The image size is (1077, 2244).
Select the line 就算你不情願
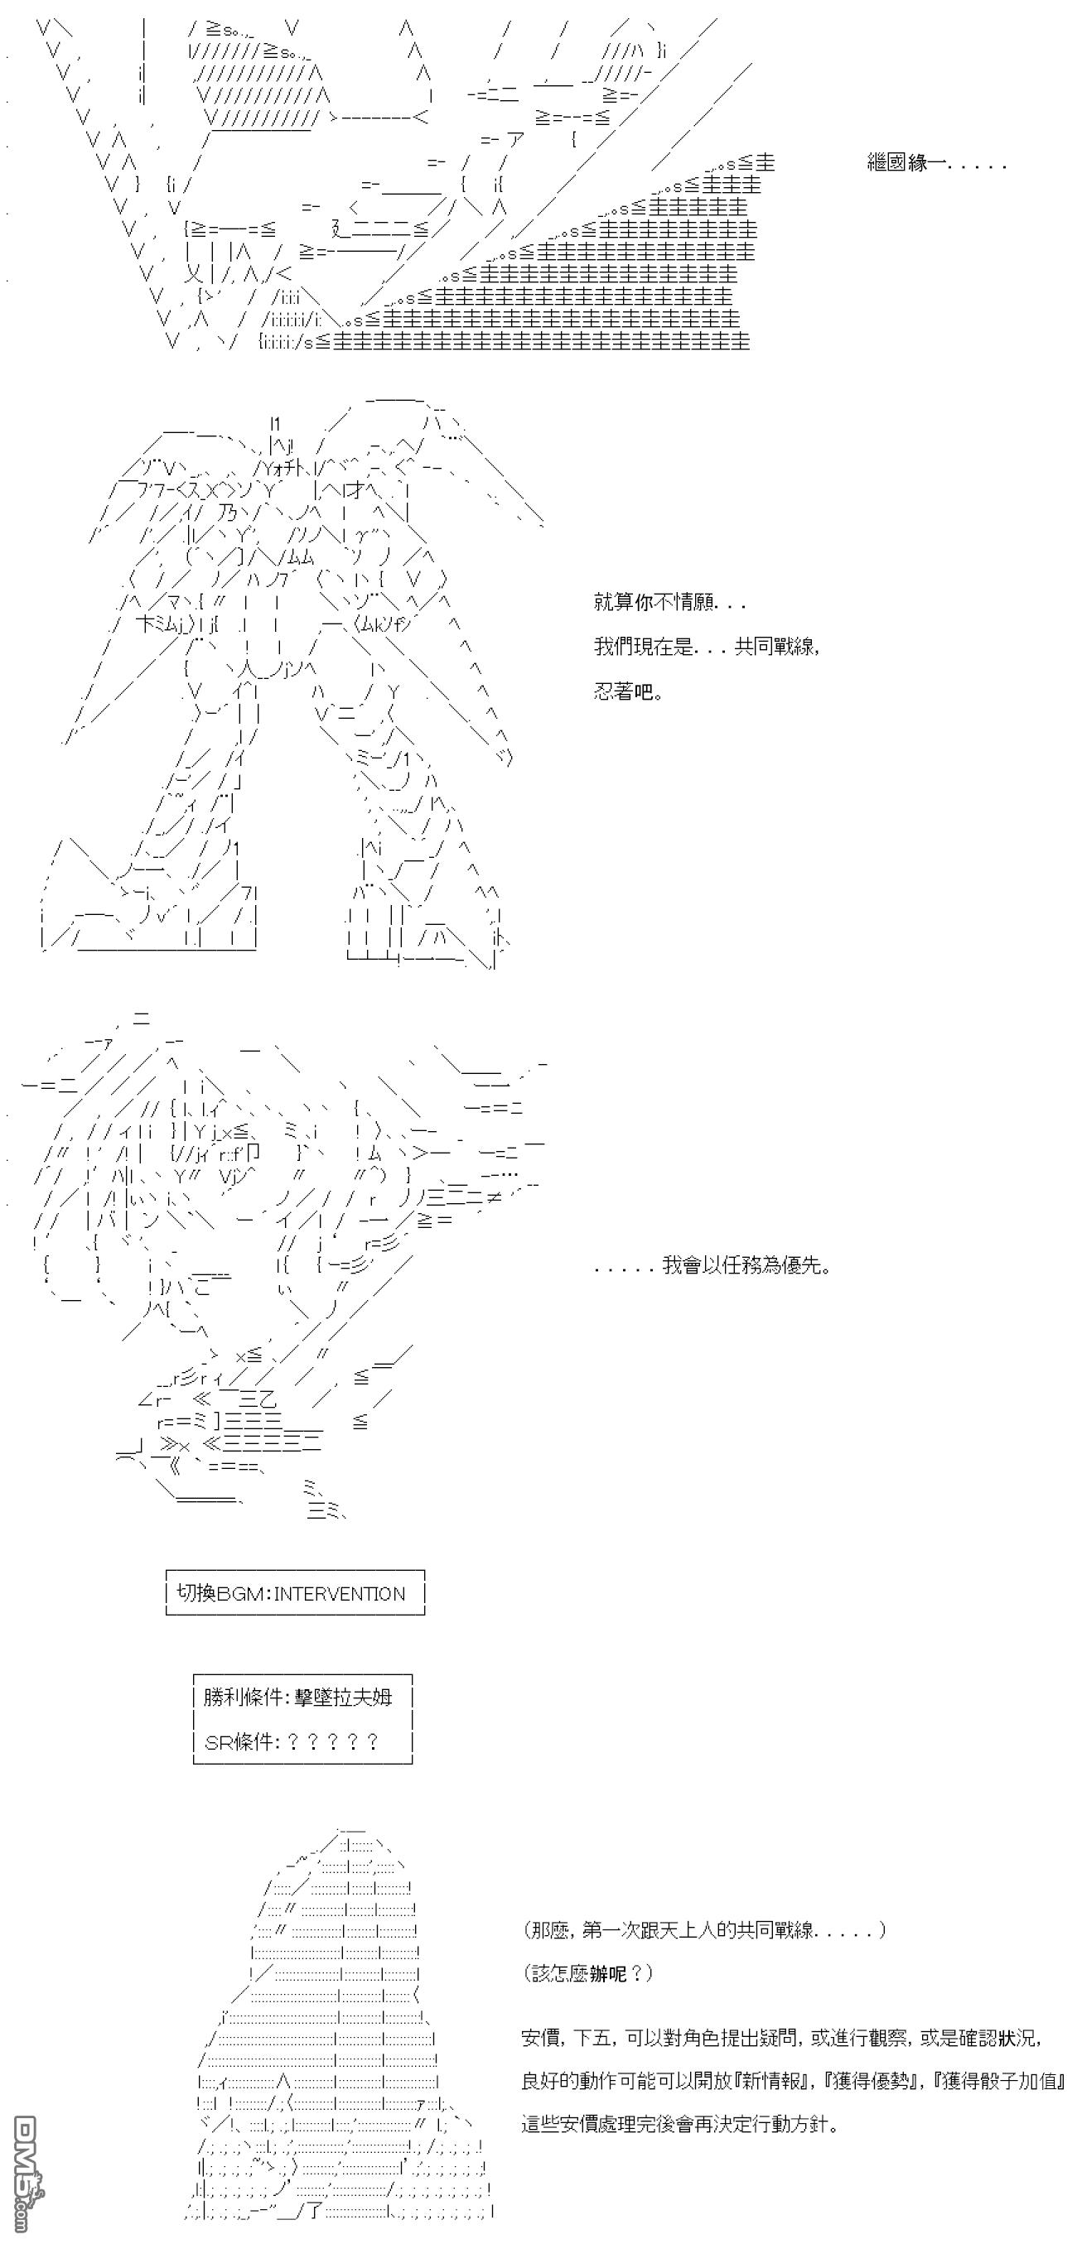669,602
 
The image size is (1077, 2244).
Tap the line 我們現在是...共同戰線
707,647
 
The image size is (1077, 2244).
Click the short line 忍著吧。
628,692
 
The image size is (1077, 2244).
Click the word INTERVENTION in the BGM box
340,1594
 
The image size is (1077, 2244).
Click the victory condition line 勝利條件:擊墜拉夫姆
298,1697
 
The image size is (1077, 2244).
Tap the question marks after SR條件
332,1741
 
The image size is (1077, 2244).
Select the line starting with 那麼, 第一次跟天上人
705,1929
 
